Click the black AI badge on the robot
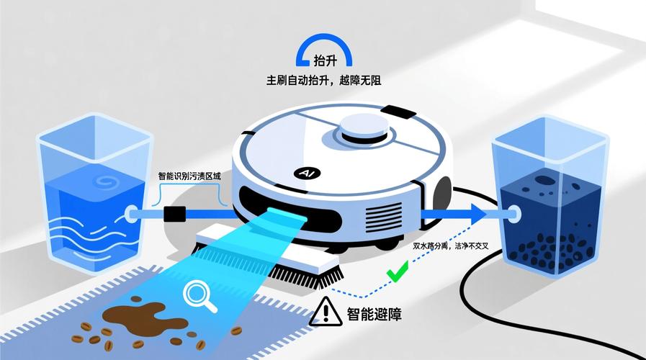[x=303, y=174]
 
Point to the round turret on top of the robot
[x=364, y=130]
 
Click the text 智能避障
[x=374, y=314]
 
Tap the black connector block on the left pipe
[x=175, y=214]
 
